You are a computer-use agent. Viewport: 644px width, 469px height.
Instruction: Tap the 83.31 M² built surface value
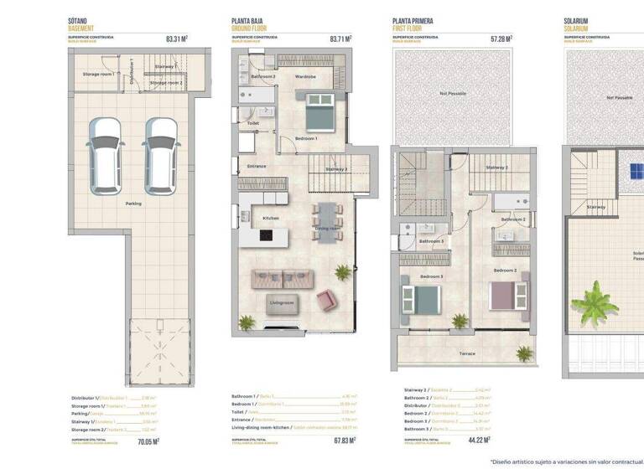click(x=176, y=39)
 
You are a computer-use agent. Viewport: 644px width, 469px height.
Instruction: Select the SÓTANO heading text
click(x=79, y=20)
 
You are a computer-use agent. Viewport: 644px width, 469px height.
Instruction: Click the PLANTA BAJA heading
click(x=249, y=20)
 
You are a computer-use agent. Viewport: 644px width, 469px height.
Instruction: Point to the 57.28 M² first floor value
click(x=501, y=39)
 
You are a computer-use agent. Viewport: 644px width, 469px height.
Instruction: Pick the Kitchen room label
click(x=270, y=218)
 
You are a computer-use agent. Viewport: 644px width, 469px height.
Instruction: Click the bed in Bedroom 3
click(x=421, y=297)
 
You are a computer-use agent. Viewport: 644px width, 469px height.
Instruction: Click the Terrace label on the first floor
click(x=467, y=353)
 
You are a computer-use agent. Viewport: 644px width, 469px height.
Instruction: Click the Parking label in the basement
click(x=133, y=204)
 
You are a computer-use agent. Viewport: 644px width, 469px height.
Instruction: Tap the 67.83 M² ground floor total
click(x=344, y=441)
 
